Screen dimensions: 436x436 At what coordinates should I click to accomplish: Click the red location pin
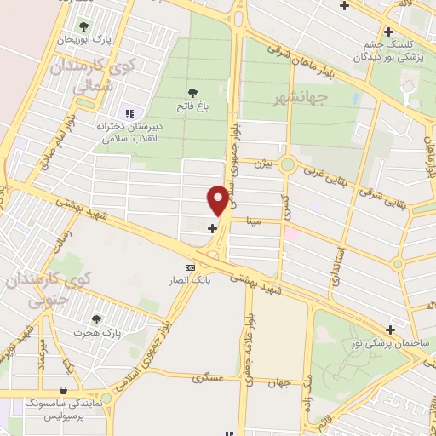coord(219,199)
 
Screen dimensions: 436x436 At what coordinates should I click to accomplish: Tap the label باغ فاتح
coord(192,106)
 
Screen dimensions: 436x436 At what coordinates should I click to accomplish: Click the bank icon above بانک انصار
coord(190,267)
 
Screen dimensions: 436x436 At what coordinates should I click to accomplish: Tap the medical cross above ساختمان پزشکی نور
coord(390,329)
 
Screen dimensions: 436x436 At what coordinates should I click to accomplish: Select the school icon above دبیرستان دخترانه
coord(129,112)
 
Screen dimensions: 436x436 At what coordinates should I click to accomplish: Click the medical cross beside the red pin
coord(213,227)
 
